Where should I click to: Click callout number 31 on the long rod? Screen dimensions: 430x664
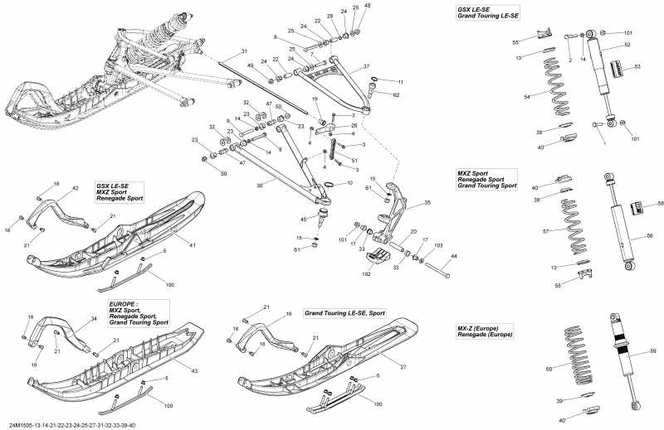coord(245,51)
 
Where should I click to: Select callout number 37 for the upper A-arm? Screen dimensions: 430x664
coord(366,66)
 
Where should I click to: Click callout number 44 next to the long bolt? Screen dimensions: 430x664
coord(454,257)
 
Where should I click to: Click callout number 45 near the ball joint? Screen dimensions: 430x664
coord(304,219)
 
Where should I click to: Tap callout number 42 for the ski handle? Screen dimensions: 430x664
coord(76,189)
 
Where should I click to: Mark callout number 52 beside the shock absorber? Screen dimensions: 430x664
coord(627,45)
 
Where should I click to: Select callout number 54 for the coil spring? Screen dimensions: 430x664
coord(550,98)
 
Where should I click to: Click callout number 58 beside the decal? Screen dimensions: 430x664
coord(661,203)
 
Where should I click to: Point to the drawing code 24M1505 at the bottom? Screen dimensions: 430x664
coord(22,425)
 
